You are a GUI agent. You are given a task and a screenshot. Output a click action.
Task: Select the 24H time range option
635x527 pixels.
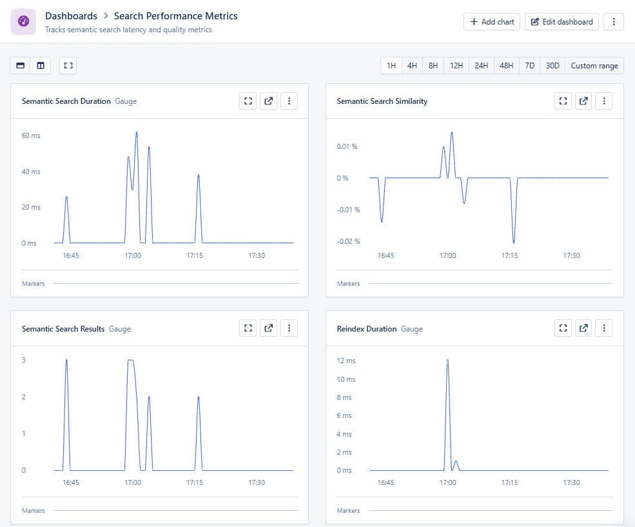(481, 66)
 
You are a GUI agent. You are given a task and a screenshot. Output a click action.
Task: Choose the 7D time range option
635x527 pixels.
(529, 66)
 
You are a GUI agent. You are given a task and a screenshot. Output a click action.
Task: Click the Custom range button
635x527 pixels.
(594, 66)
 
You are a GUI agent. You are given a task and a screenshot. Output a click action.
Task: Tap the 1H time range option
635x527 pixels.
(391, 66)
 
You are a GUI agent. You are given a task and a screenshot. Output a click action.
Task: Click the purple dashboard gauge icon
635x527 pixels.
(23, 22)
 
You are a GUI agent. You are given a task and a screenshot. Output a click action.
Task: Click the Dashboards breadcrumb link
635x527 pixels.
(71, 16)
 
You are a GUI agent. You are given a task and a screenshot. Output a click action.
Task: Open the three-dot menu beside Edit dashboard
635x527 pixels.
(613, 22)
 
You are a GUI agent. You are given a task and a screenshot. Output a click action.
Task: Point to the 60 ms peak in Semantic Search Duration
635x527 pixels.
(137, 133)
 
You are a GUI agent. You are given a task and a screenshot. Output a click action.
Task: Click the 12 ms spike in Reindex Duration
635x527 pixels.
(447, 361)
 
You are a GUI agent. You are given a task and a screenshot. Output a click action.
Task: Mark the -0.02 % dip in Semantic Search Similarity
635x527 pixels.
(514, 243)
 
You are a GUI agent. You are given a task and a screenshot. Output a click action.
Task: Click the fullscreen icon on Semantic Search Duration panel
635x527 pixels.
(248, 101)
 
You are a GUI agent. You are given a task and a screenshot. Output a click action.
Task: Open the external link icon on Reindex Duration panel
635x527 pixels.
(583, 329)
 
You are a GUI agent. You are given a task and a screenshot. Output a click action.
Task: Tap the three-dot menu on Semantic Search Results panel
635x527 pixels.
(289, 329)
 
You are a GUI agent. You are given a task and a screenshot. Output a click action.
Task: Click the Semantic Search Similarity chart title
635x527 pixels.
(382, 101)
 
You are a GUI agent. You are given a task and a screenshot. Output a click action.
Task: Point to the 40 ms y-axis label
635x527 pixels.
(31, 172)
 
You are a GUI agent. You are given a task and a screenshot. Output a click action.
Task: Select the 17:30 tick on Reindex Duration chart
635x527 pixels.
(571, 482)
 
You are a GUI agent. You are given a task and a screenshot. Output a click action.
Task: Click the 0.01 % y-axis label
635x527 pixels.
(347, 146)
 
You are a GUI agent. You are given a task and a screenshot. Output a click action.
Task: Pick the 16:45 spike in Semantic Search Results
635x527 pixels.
(66, 361)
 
